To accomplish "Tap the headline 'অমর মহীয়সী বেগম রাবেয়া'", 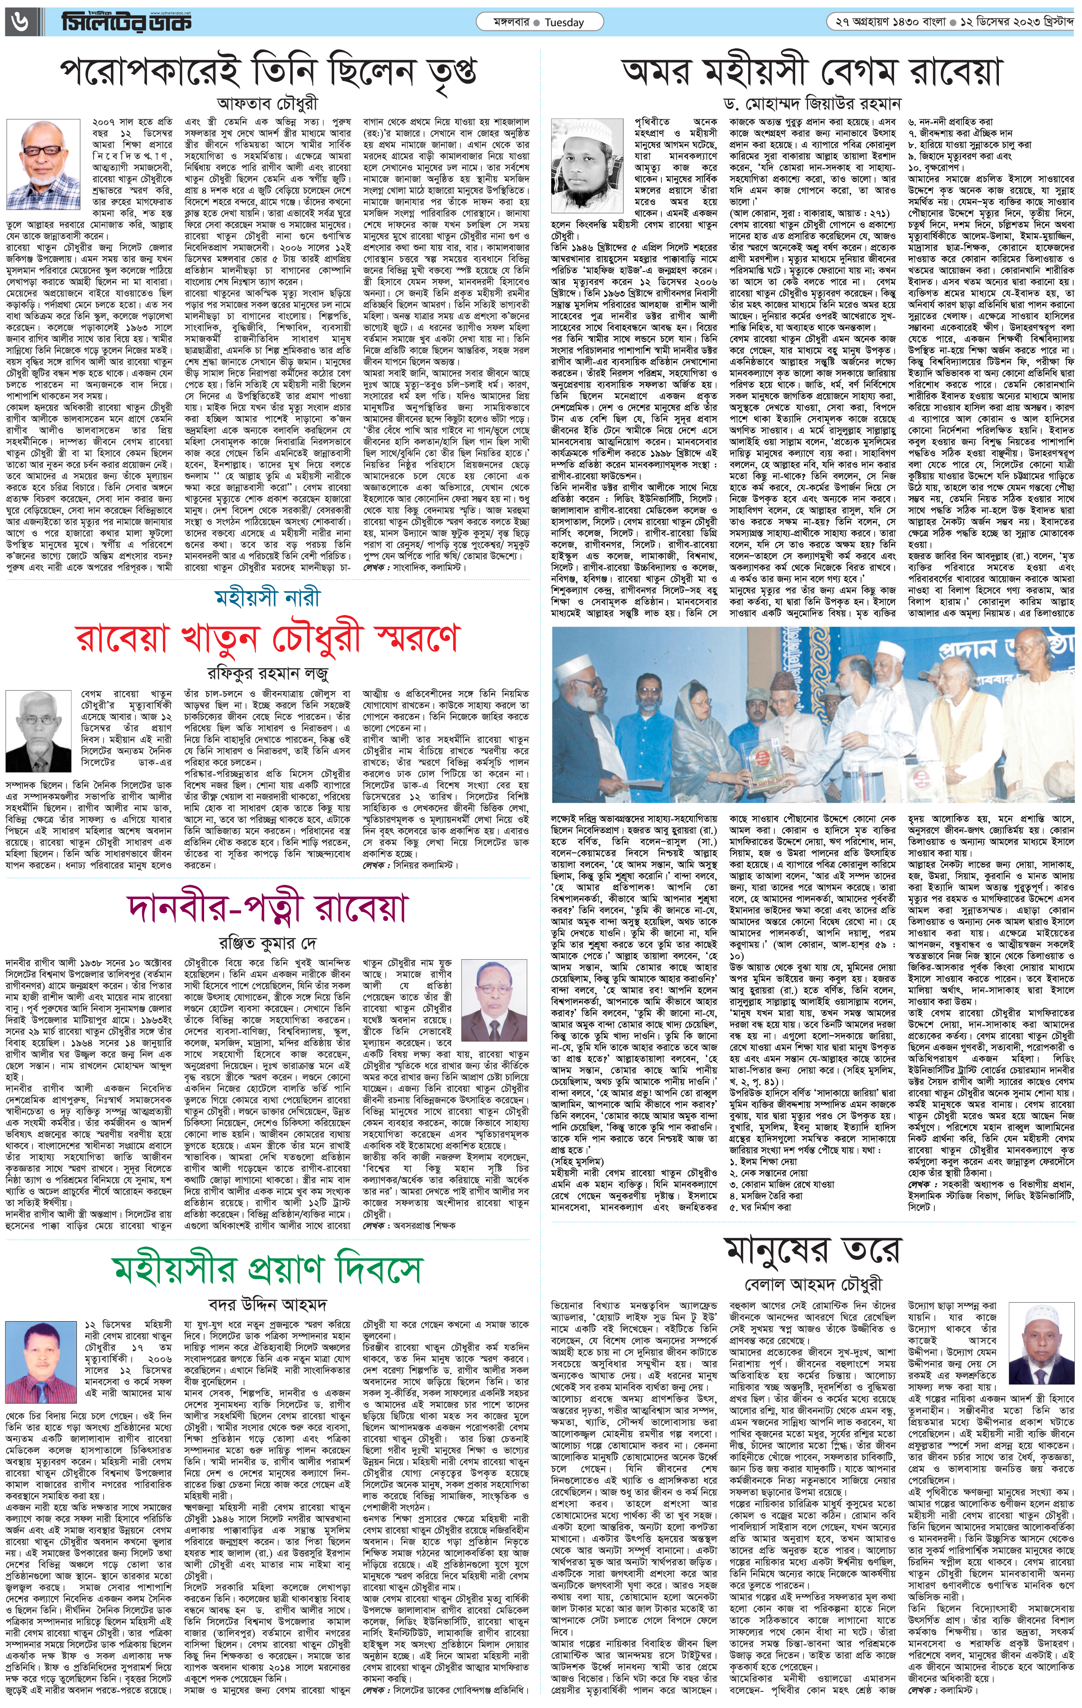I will pos(812,72).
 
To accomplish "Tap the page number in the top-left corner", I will pos(16,23).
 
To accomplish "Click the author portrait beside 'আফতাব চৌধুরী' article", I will pos(45,161).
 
